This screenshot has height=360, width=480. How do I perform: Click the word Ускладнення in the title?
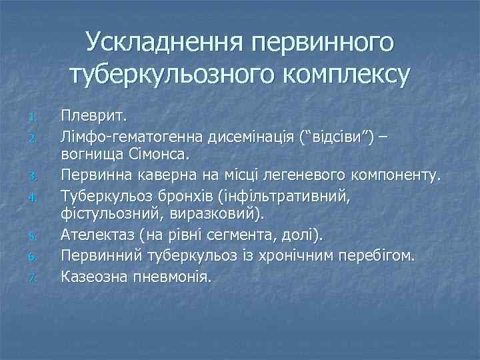click(x=164, y=43)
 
